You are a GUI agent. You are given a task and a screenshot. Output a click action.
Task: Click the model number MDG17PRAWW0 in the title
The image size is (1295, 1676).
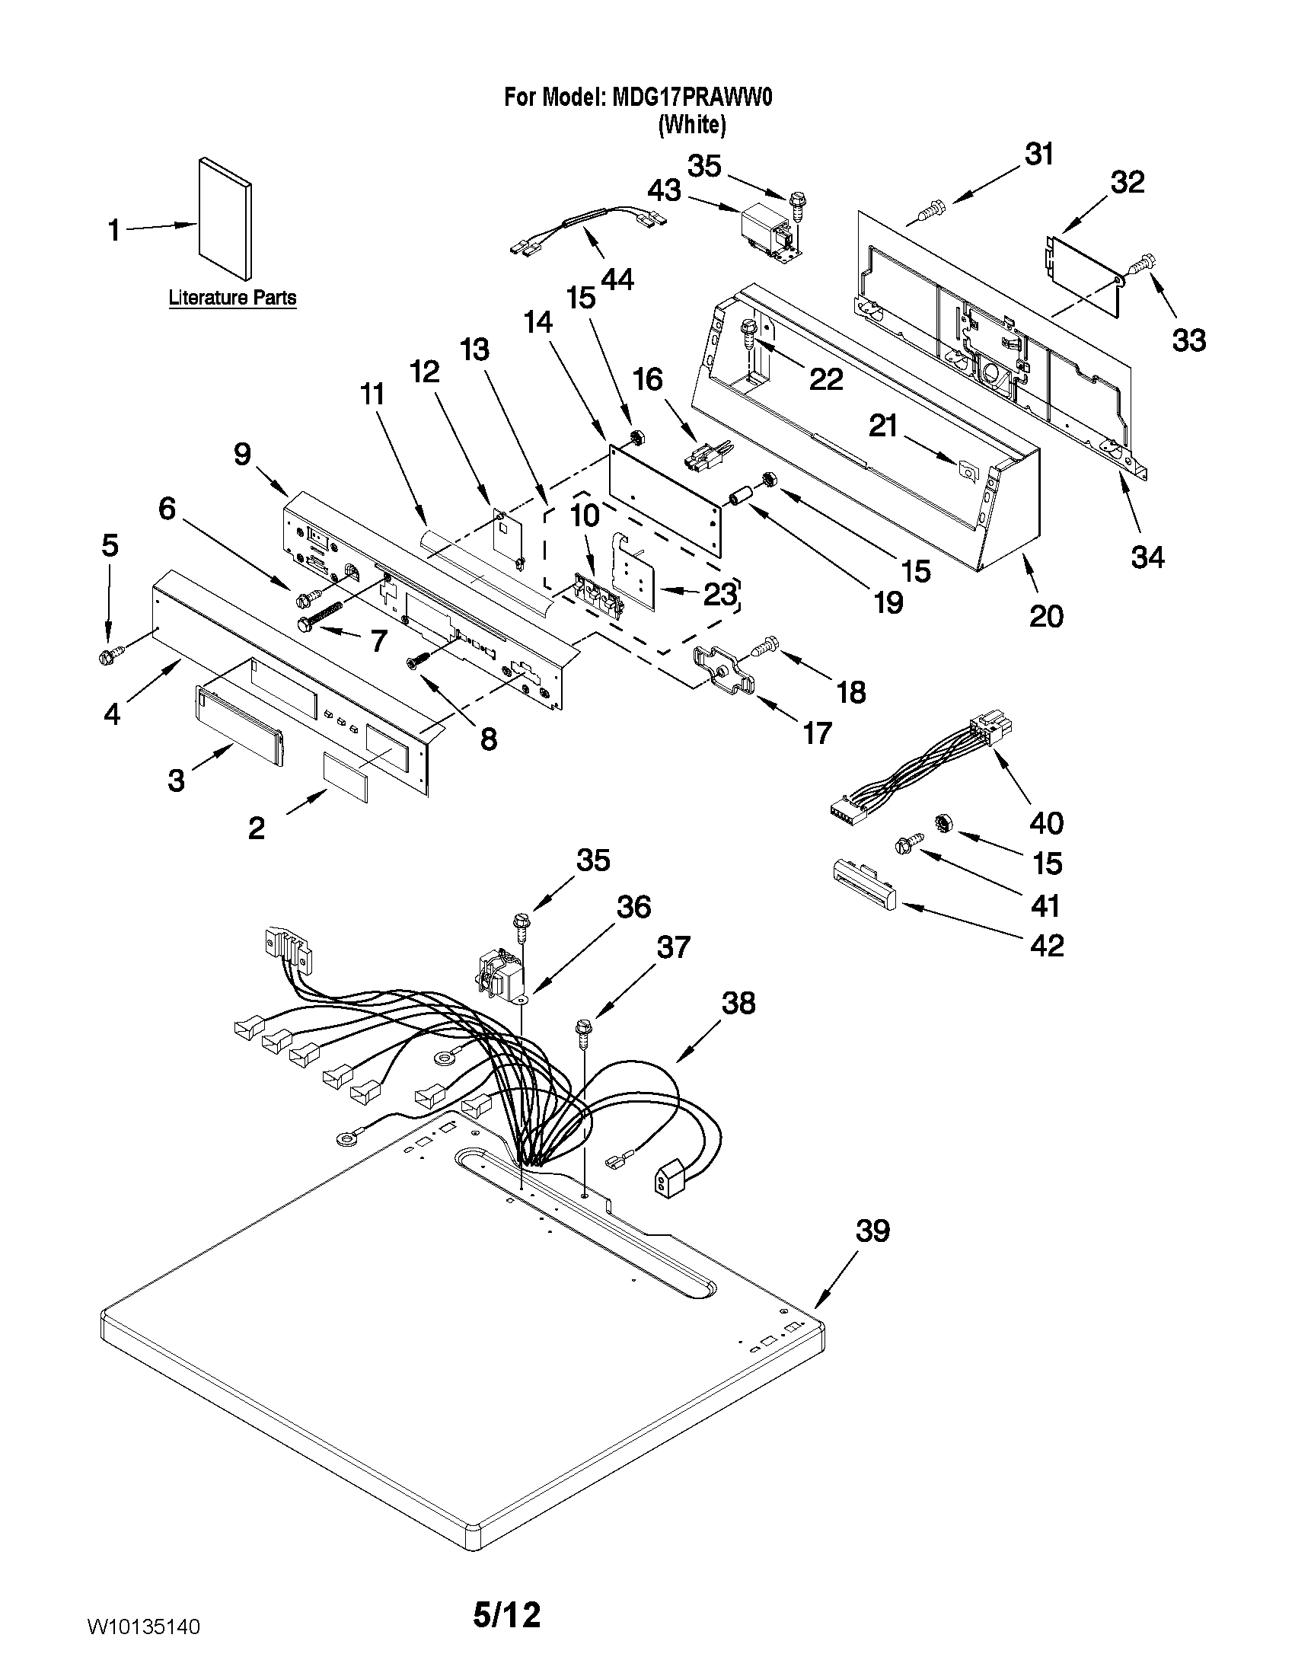(x=692, y=97)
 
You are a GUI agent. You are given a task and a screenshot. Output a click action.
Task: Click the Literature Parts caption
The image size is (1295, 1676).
(x=232, y=298)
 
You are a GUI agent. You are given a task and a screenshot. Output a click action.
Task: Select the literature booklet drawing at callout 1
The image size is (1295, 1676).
(x=225, y=219)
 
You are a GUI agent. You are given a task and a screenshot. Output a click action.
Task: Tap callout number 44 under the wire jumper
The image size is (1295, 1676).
(x=617, y=279)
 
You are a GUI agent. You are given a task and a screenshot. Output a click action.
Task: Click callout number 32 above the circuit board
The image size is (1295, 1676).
(x=1127, y=183)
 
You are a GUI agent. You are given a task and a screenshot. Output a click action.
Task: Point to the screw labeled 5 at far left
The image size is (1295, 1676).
(x=107, y=657)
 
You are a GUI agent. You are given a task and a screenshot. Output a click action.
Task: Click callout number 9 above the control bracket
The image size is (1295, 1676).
(x=242, y=455)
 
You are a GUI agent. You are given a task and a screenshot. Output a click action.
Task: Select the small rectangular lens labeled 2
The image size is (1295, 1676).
(x=344, y=777)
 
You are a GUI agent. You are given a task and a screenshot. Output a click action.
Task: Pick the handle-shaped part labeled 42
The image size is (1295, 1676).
(x=864, y=883)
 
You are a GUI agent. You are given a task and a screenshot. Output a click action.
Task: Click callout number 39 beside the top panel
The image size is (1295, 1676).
(x=872, y=1231)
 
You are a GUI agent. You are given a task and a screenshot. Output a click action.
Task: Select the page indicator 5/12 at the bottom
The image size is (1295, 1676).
(x=506, y=1614)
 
